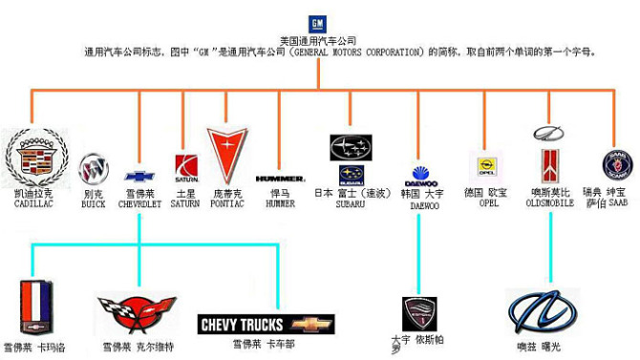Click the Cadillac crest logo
click(x=36, y=158)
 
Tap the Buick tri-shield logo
click(x=93, y=170)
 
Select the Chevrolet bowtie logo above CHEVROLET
click(x=139, y=178)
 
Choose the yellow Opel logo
click(x=483, y=164)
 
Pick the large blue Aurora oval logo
click(x=544, y=311)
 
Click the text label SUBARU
click(x=350, y=204)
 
